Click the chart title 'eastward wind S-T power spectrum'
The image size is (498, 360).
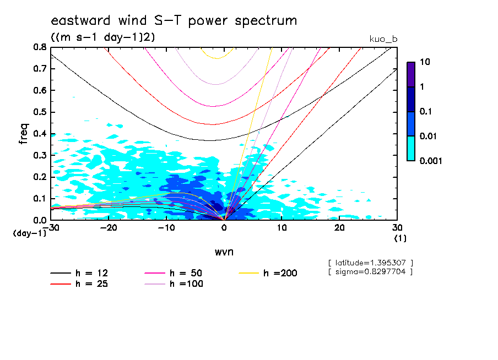point(174,21)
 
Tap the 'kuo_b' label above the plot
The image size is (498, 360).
point(383,39)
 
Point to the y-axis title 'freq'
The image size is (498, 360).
point(24,133)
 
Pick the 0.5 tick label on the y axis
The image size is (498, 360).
point(39,112)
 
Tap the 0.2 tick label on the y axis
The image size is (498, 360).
point(39,177)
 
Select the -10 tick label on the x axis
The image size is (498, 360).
point(166,228)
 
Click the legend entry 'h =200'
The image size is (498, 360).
point(280,273)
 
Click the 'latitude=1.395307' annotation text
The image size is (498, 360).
point(370,263)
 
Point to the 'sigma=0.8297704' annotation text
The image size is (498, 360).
point(370,271)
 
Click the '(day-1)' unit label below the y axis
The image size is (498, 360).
point(30,233)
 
